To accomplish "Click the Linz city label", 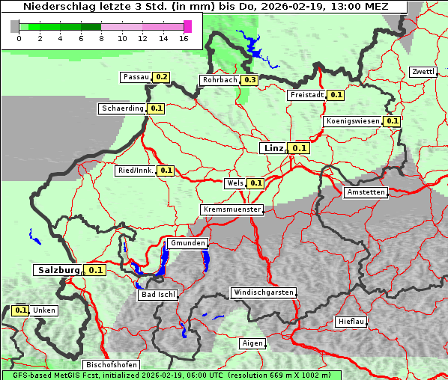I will point(273,148).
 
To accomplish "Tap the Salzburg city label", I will point(58,269).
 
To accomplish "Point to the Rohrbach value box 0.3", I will point(249,80).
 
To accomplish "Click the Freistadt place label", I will point(306,95).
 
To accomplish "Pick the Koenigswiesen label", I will point(353,121).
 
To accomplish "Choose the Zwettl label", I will point(423,72).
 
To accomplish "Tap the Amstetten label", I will point(365,192).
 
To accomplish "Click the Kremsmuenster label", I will point(231,209).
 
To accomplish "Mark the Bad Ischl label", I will point(158,295).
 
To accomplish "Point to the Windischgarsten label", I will point(263,292).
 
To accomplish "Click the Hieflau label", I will point(351,322).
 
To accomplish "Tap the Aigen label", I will point(252,343).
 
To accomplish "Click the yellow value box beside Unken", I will point(21,310).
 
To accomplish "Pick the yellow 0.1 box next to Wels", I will point(256,183).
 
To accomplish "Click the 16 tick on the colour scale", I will point(183,38).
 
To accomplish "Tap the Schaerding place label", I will point(123,108).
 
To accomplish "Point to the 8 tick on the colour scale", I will point(101,38).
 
